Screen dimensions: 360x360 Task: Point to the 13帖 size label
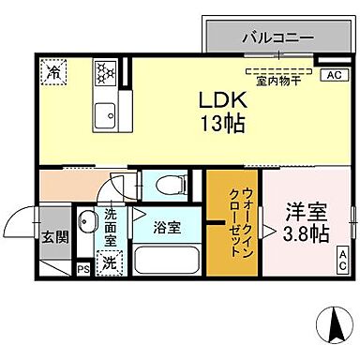pos(221,122)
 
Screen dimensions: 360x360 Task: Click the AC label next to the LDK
pos(333,75)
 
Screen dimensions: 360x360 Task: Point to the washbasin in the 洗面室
pos(87,222)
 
